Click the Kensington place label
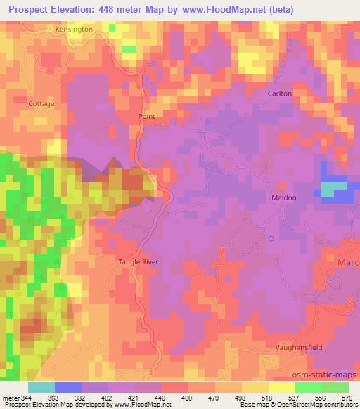pos(73,30)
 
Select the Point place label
pos(146,117)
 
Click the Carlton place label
pos(279,93)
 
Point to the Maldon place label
pos(284,198)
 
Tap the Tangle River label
pos(138,262)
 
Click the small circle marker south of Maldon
pos(271,238)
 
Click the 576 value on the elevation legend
pos(348,398)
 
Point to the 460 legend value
pos(187,398)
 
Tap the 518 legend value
pos(267,398)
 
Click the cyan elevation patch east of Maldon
pos(333,188)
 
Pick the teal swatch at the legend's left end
pos(41,387)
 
